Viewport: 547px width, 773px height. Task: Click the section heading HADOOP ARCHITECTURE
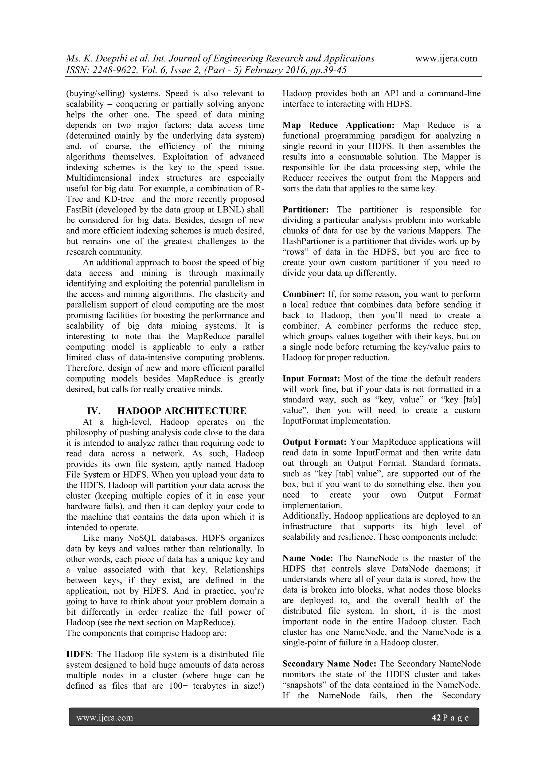182,411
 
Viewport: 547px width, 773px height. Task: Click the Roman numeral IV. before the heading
94,411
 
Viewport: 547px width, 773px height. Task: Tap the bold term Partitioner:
306,210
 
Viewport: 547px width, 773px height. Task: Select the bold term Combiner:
303,294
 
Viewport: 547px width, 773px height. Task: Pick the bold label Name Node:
307,558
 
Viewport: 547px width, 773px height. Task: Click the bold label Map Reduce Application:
338,125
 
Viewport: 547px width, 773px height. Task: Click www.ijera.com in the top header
446,58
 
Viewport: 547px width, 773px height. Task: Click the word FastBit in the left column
80,210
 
